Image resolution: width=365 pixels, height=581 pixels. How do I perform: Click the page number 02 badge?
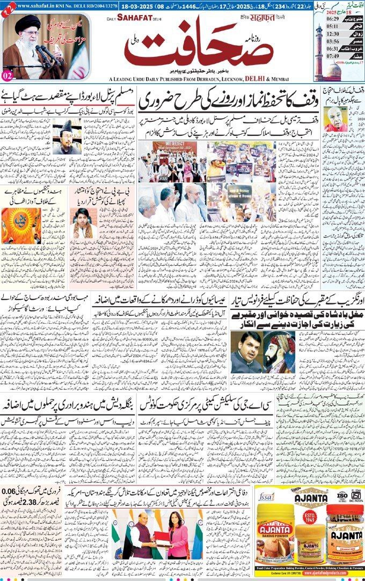(8, 75)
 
